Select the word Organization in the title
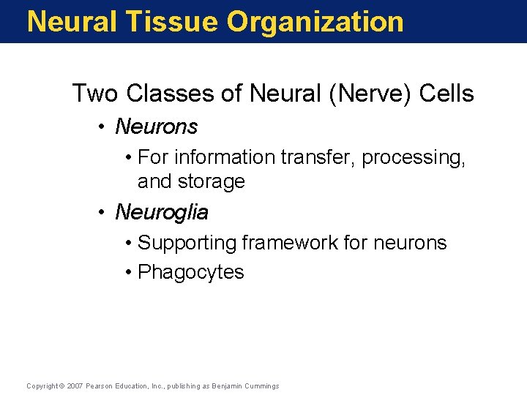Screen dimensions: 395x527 click(x=315, y=22)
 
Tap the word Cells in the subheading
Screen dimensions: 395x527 click(x=446, y=94)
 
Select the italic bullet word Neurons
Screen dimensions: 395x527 click(x=157, y=127)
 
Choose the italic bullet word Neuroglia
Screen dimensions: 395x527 click(x=162, y=213)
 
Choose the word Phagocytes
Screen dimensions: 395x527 click(x=191, y=272)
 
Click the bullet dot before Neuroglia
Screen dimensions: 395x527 click(x=105, y=214)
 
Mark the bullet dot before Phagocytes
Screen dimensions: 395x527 click(x=128, y=273)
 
